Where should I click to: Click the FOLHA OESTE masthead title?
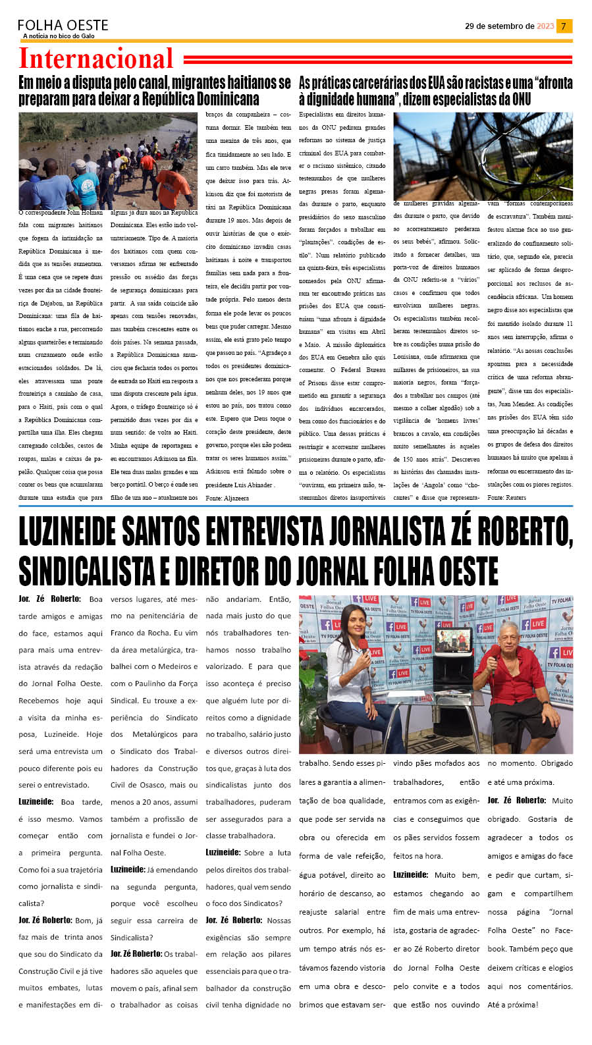[63, 25]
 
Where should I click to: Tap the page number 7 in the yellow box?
[564, 26]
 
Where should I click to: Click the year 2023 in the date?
[545, 26]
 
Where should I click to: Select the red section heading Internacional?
[96, 59]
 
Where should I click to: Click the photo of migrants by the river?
[108, 161]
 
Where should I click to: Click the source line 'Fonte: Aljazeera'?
[227, 498]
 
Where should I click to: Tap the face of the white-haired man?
[509, 636]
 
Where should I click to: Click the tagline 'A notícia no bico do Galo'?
[59, 36]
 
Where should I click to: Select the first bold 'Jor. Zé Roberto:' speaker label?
[49, 599]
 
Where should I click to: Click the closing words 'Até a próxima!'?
[512, 1005]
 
